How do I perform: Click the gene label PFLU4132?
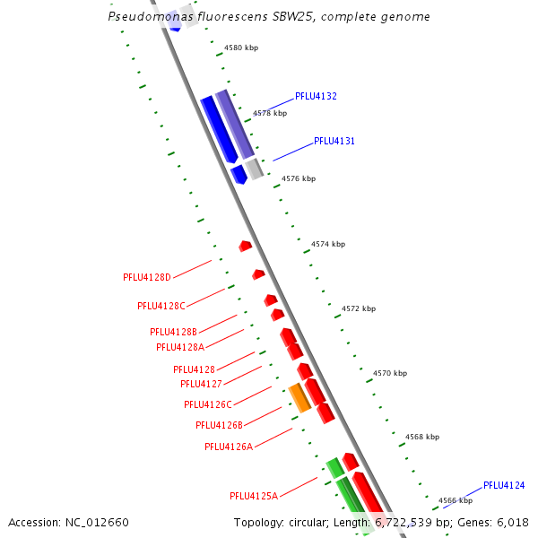coord(316,96)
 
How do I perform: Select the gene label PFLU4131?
coord(334,141)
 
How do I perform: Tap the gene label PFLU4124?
coord(504,485)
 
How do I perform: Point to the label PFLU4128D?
coord(146,277)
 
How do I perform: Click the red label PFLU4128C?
coord(161,306)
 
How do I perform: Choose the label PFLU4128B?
coord(173,332)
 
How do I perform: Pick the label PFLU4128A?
coord(180,347)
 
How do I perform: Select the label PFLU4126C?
coord(208,404)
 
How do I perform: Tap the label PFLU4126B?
coord(219,425)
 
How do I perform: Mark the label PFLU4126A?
coord(229,446)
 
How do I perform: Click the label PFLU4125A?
coord(254,495)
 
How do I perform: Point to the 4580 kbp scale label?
coord(241,48)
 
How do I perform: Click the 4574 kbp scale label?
coord(328,244)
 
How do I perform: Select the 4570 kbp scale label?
coord(390,373)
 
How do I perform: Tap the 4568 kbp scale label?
coord(422,437)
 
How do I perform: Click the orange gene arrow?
coord(299,398)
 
